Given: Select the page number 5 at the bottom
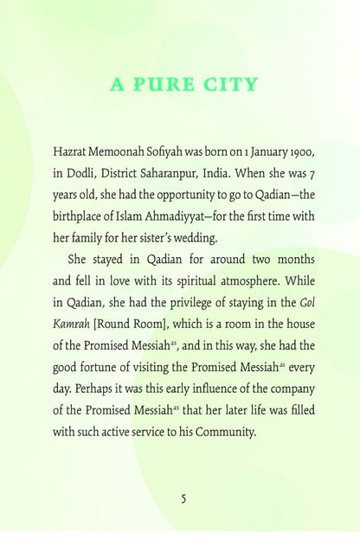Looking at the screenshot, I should coord(183,498).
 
